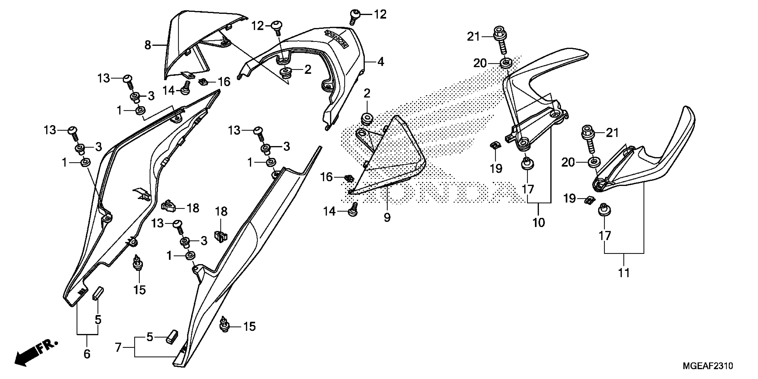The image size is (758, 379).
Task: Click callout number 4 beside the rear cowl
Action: coord(381,62)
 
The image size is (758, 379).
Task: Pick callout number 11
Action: coord(624,273)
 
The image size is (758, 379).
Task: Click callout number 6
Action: coord(87,354)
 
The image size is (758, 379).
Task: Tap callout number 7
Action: coord(118,348)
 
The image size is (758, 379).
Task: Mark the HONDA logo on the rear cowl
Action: coord(336,39)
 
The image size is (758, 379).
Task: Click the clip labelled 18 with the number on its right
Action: coord(168,206)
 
